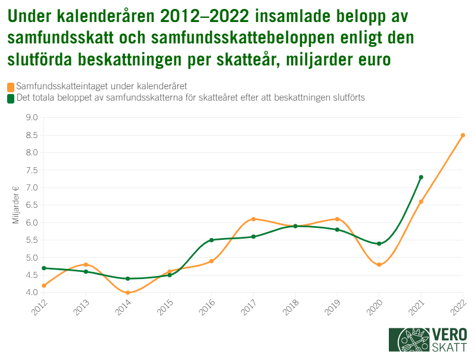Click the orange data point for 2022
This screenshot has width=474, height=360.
coord(463,135)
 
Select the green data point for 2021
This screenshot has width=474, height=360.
coord(421,177)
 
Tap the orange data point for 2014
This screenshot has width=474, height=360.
coord(127,293)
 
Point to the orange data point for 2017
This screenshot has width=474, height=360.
coord(253,219)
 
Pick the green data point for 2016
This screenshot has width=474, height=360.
coord(211,240)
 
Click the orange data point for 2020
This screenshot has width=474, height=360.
coord(379,265)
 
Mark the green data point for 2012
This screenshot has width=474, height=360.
coord(44,268)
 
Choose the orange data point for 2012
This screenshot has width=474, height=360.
coord(44,286)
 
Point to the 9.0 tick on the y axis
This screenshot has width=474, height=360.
coord(32,118)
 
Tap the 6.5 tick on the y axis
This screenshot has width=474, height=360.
coord(32,205)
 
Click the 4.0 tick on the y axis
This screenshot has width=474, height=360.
coord(32,293)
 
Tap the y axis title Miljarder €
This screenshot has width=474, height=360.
coord(16,205)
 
